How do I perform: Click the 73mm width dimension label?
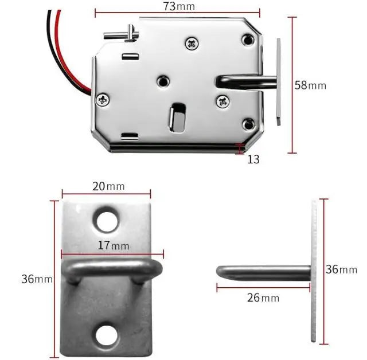[179, 6]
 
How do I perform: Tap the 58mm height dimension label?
[310, 85]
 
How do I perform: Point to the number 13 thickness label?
[253, 159]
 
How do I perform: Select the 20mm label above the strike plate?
[108, 186]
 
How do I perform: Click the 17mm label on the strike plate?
[114, 245]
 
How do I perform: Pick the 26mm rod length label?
[263, 298]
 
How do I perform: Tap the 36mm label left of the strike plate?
[37, 279]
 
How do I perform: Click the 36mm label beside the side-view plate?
[341, 269]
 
